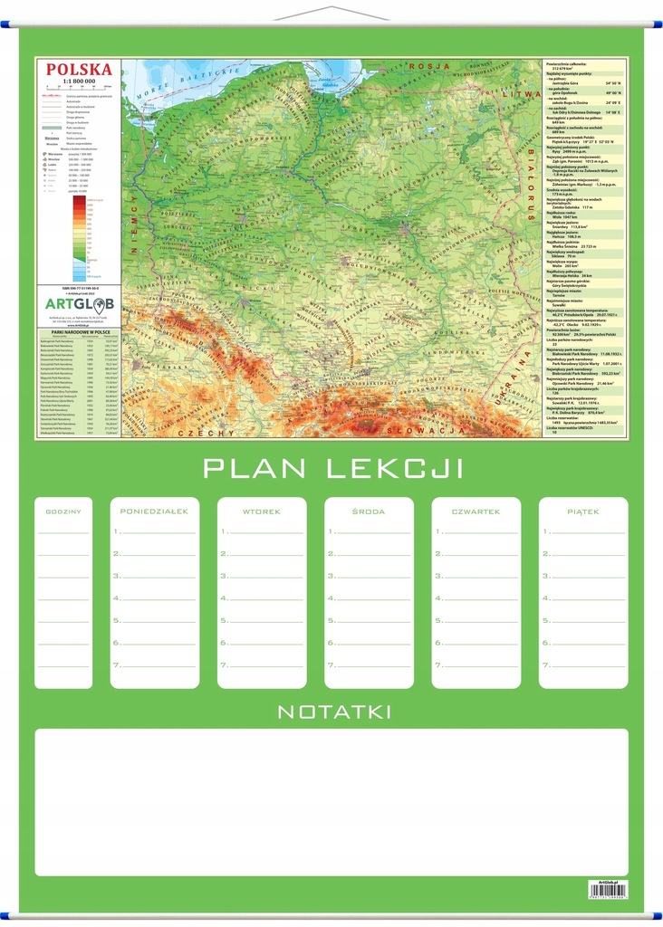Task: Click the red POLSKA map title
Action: (80, 69)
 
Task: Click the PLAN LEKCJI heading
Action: (332, 468)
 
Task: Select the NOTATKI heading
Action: (334, 712)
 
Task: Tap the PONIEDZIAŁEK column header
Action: (154, 511)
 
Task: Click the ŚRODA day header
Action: (369, 511)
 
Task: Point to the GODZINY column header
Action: (63, 512)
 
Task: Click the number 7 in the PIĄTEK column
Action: (545, 665)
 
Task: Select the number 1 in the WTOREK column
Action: (224, 531)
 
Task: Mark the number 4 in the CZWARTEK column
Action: (438, 598)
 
